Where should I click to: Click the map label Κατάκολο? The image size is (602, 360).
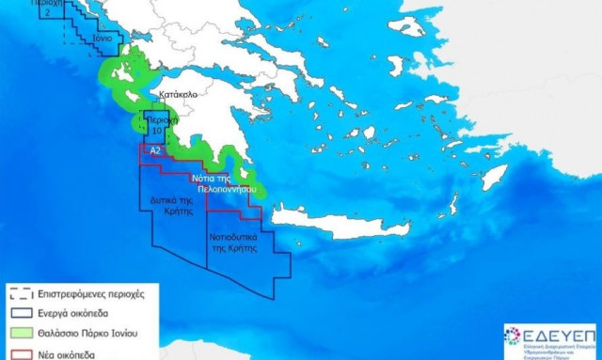click(x=179, y=95)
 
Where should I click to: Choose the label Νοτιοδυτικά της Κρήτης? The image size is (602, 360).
click(x=233, y=233)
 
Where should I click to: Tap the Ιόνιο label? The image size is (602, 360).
click(x=103, y=39)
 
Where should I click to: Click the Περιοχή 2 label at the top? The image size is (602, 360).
click(x=52, y=8)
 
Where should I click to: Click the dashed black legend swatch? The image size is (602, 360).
click(x=21, y=293)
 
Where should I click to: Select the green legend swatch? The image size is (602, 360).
click(x=21, y=335)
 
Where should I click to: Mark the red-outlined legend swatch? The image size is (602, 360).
click(x=21, y=354)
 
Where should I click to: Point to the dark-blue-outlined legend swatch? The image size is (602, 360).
click(x=21, y=314)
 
